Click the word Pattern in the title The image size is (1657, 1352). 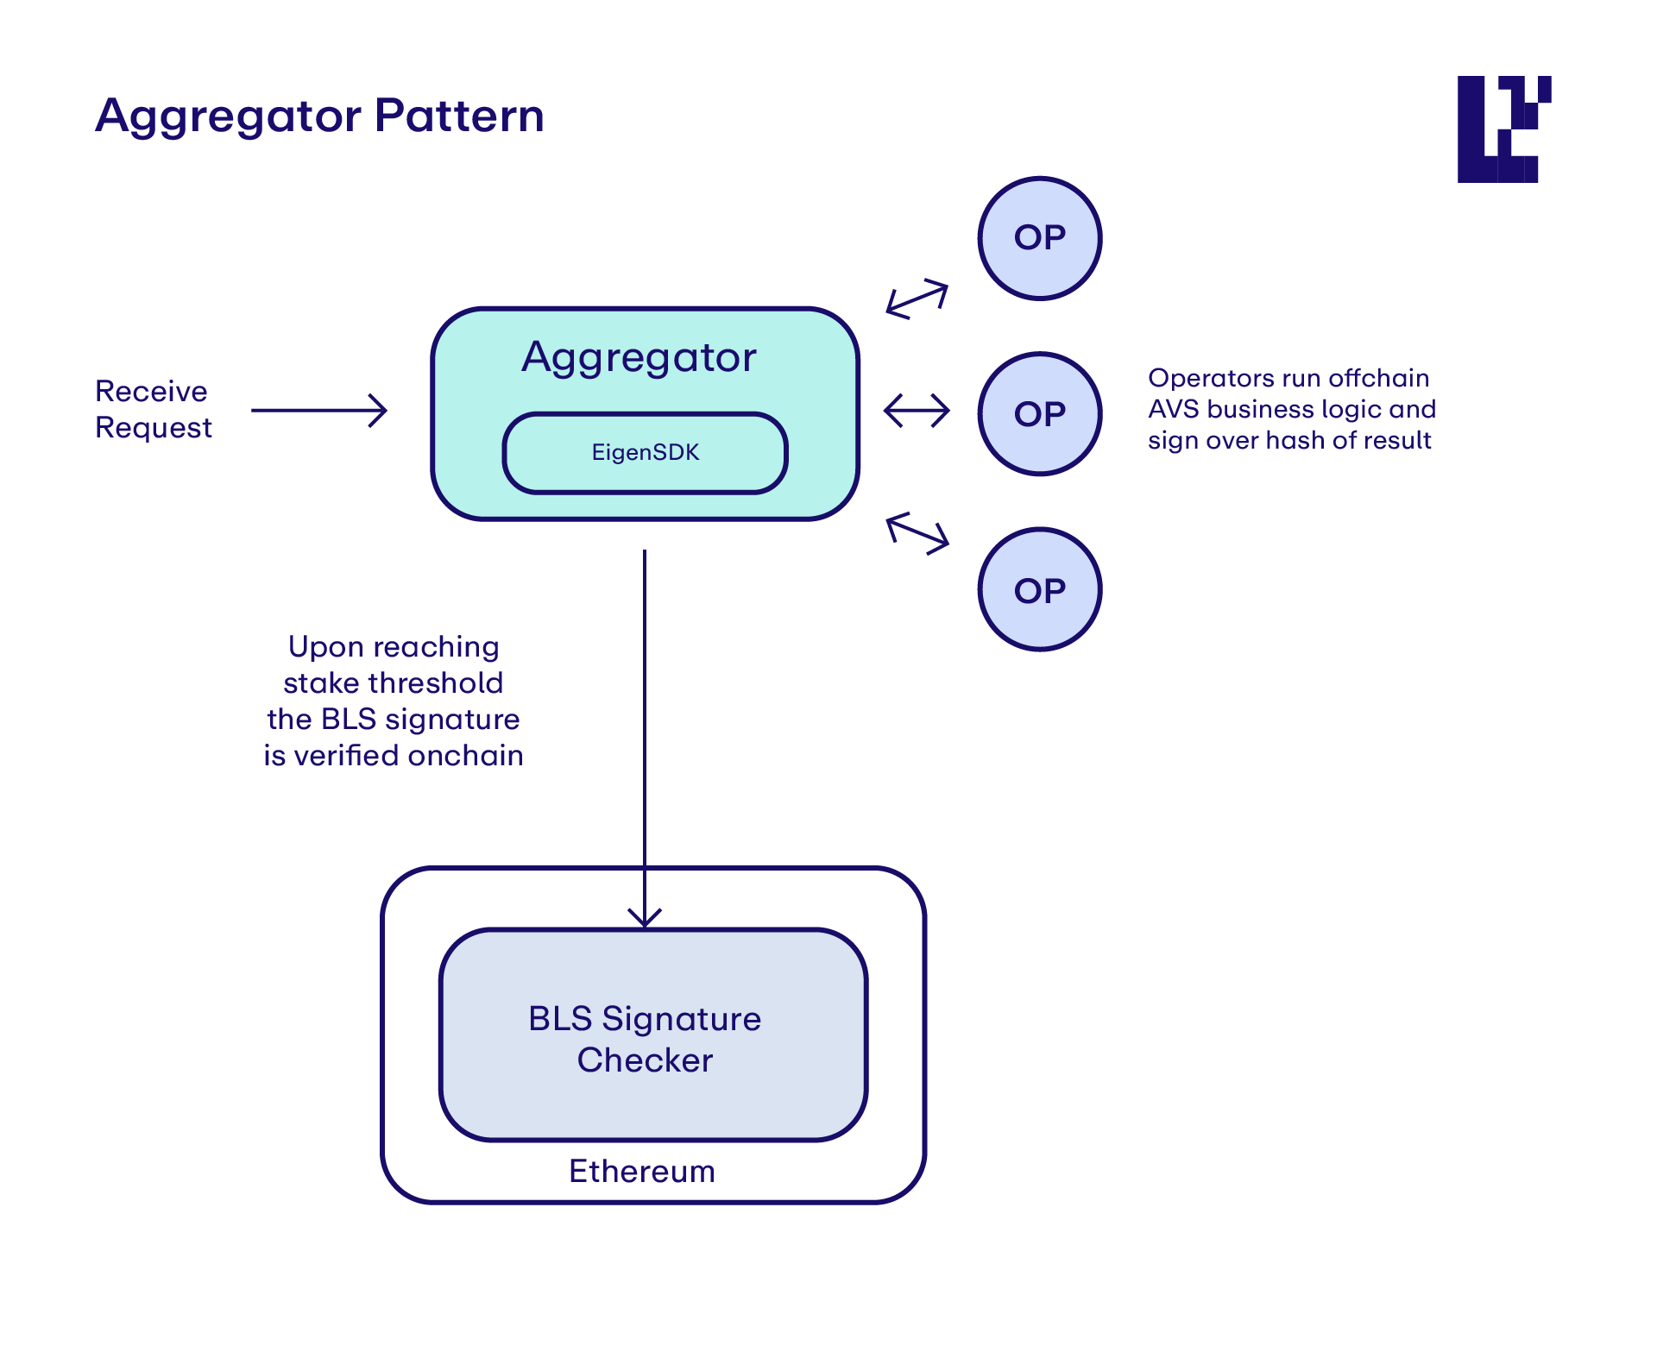[x=459, y=115]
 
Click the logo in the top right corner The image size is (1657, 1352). [x=1504, y=129]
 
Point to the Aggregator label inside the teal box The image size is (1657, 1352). [x=639, y=358]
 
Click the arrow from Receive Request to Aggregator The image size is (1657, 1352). [x=319, y=411]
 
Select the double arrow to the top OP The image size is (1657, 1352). [x=917, y=299]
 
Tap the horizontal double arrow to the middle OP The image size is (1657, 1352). [x=917, y=411]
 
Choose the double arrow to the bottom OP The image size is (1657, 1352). [x=917, y=533]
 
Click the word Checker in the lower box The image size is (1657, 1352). [x=646, y=1060]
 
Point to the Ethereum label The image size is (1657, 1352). [x=642, y=1171]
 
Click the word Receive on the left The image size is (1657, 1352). [x=151, y=391]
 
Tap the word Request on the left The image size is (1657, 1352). [x=154, y=428]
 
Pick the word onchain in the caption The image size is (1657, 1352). [x=466, y=756]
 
